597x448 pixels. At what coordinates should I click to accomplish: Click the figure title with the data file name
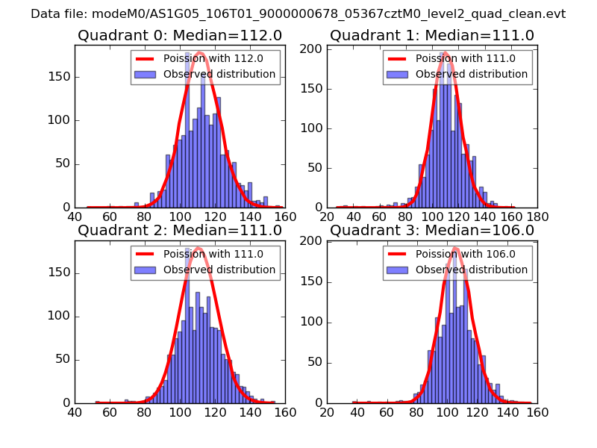coord(298,14)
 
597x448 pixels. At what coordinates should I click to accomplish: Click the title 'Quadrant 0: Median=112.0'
coord(179,35)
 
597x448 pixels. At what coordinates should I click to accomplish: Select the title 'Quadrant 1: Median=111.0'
coord(432,35)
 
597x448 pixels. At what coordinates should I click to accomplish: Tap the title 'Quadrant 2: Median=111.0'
coord(179,231)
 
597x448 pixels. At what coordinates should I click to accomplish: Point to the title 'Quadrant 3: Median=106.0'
coord(432,231)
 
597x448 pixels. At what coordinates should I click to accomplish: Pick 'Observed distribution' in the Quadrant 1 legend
coord(472,75)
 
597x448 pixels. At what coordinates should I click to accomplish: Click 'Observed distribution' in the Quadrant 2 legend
coord(219,270)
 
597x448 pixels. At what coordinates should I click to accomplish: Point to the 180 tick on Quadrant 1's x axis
coord(537,217)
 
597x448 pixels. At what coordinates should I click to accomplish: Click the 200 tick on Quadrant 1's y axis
coord(316,49)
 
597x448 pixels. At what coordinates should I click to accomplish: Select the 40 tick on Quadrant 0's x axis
coord(75,217)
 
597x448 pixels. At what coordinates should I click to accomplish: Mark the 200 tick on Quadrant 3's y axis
coord(316,241)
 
